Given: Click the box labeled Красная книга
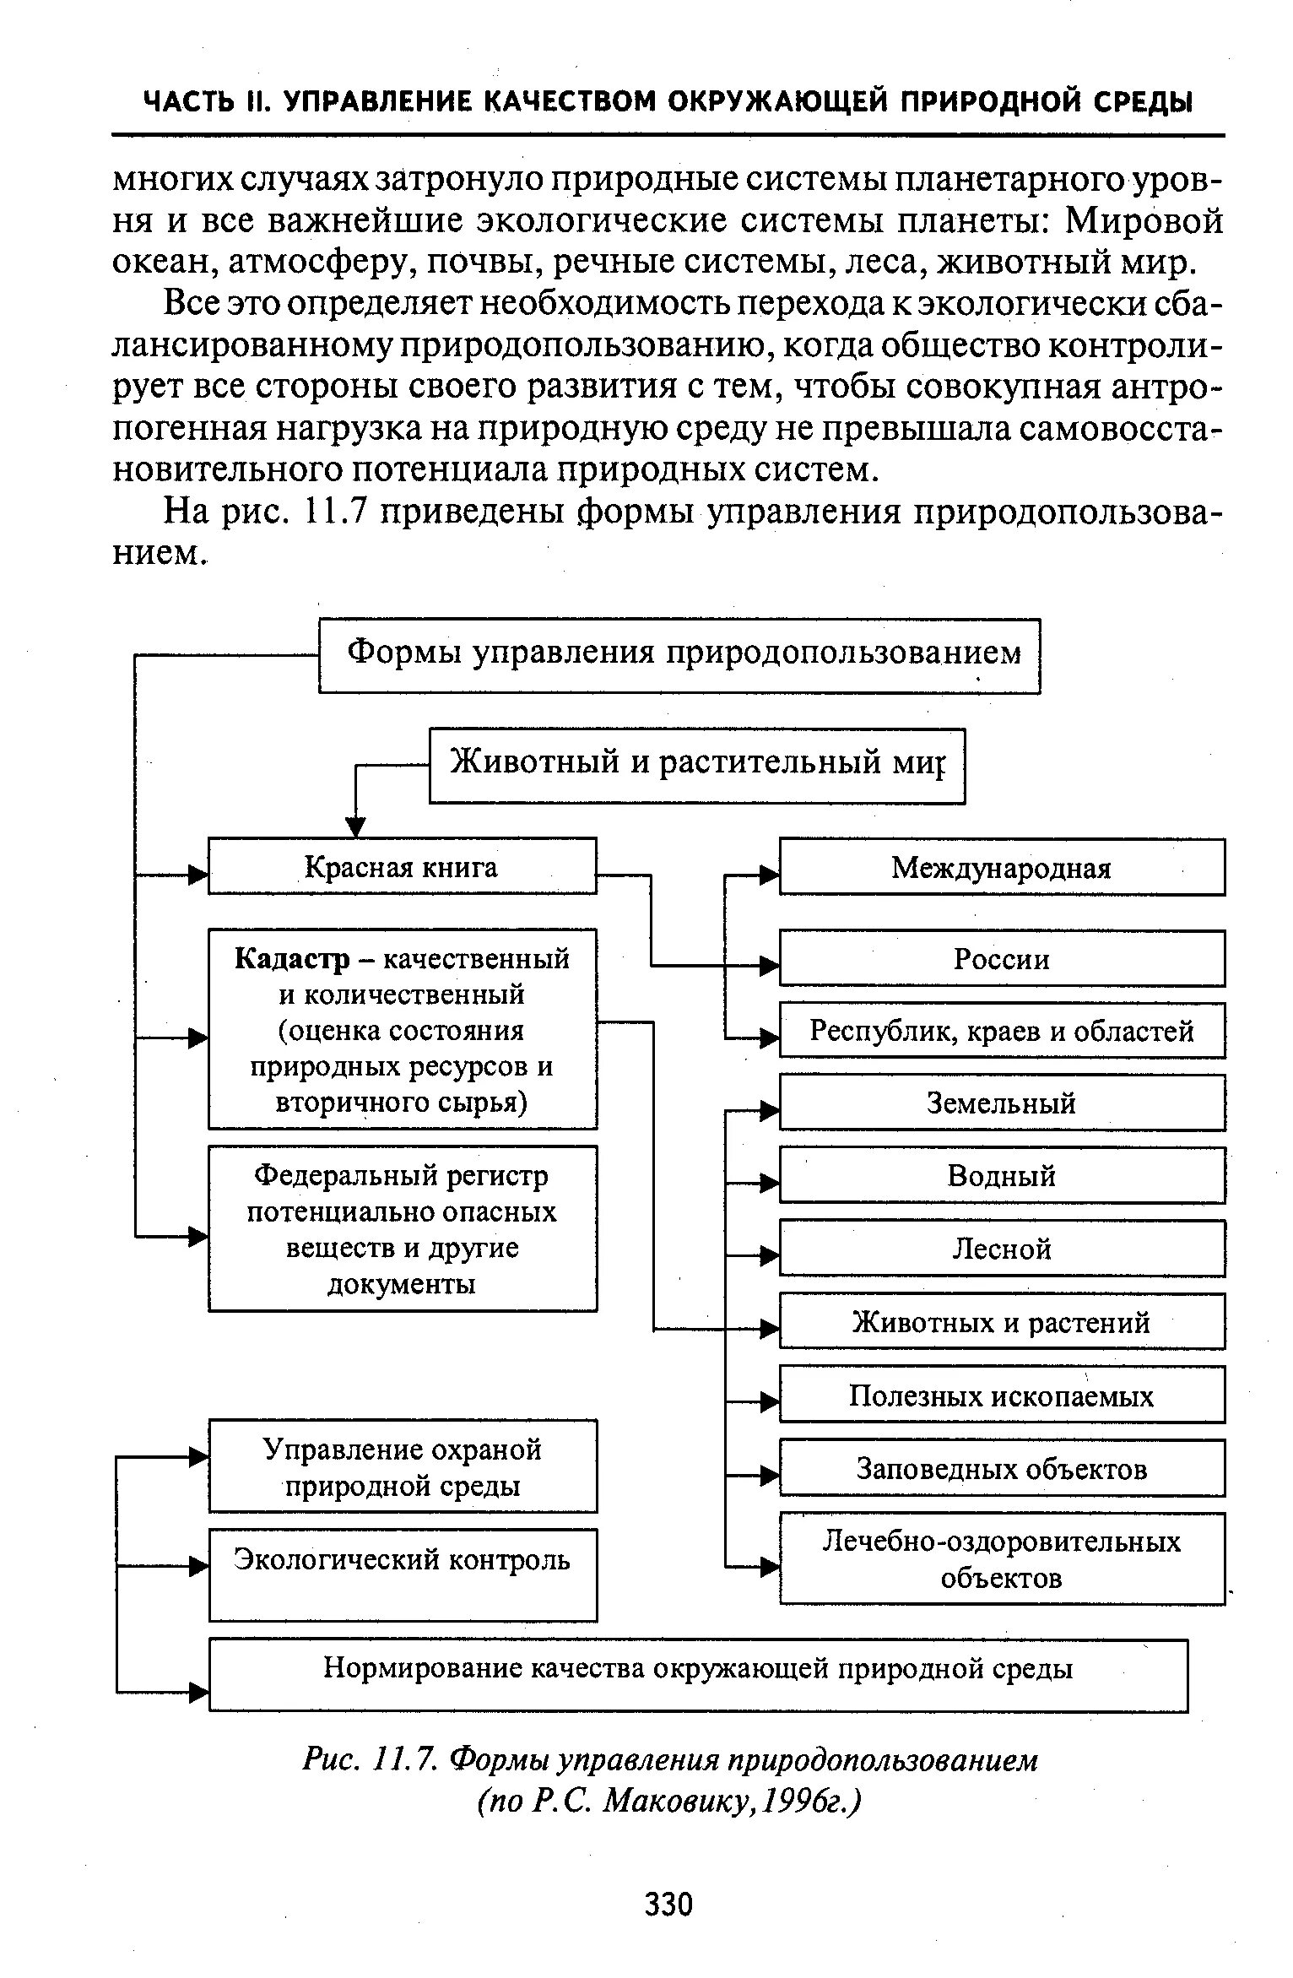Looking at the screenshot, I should coord(402,866).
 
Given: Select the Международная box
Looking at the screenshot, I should coord(1001,867).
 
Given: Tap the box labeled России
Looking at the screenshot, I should coord(1001,959).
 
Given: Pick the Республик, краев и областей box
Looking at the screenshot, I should coord(1001,1031).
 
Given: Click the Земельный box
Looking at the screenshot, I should coord(1001,1103).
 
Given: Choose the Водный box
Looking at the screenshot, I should coord(1001,1175).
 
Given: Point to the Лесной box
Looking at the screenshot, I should coord(1001,1249).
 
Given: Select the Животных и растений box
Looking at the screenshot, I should coord(1001,1322).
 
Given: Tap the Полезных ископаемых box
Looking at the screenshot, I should coord(1001,1395).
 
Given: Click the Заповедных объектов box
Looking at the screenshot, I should coord(1001,1468).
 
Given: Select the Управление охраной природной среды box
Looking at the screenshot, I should coord(402,1467).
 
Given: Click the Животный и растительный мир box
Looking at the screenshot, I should coord(697,765).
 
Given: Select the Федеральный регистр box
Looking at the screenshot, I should coord(402,1228).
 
